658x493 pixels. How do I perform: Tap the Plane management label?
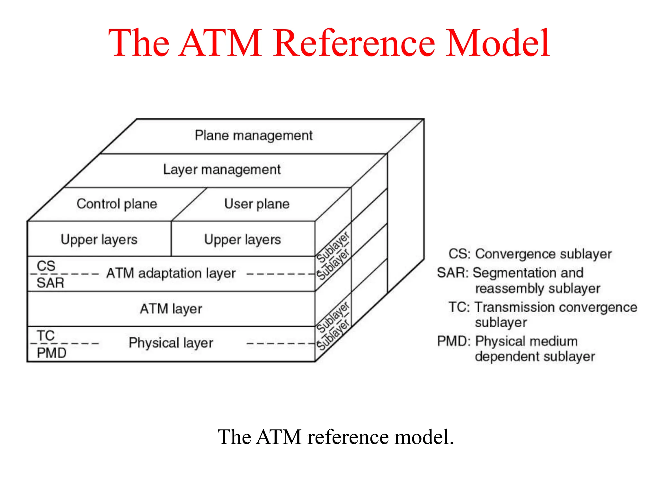tap(253, 135)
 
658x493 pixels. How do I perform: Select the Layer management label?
tap(222, 169)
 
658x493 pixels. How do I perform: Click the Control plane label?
tap(117, 204)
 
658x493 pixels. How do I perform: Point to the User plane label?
tap(257, 204)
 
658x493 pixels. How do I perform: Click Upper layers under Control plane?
tap(99, 239)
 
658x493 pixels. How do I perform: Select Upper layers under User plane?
tap(243, 239)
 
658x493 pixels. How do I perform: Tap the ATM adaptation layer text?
tap(171, 273)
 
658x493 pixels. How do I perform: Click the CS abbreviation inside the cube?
tap(46, 266)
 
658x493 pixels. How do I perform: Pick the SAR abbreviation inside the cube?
tap(50, 283)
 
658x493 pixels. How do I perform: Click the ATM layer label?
tap(171, 309)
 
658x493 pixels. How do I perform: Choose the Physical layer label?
tap(171, 343)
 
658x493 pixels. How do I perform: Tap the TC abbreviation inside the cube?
tap(46, 336)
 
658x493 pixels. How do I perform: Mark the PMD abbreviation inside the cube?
tap(51, 353)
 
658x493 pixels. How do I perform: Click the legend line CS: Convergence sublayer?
tap(530, 254)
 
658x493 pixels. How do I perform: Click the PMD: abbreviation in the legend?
tap(453, 341)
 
